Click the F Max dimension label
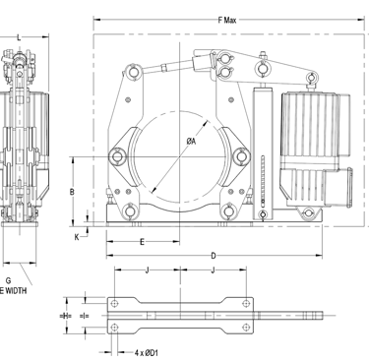click(x=227, y=21)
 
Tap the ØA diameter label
click(x=191, y=142)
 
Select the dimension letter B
click(x=72, y=192)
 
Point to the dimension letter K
click(x=77, y=237)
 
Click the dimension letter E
click(x=142, y=242)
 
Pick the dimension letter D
click(x=214, y=256)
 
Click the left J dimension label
click(x=148, y=270)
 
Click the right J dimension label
click(x=214, y=270)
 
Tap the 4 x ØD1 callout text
click(x=147, y=353)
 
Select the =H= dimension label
click(x=66, y=316)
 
